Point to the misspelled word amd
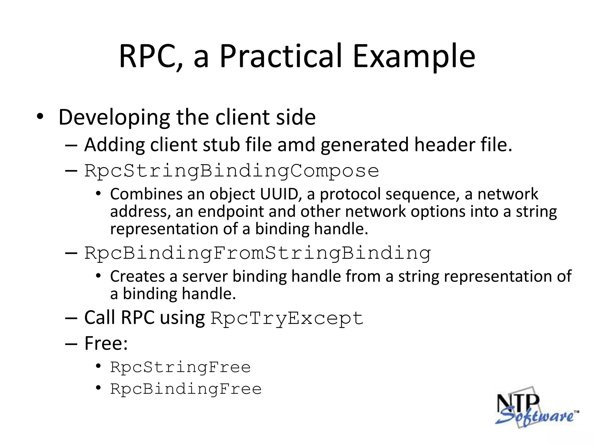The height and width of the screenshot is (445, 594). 296,145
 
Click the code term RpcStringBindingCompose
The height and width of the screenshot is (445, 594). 231,171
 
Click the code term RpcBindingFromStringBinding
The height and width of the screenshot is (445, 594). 258,253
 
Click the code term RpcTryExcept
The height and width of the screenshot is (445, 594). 287,318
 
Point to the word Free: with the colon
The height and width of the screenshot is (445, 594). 106,343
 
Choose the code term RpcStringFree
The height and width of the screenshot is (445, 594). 180,367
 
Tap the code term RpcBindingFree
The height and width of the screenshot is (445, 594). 186,389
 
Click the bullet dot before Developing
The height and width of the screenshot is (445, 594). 40,117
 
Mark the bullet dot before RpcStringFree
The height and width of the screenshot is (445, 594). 98,366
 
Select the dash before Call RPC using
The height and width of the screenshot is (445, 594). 71,318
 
